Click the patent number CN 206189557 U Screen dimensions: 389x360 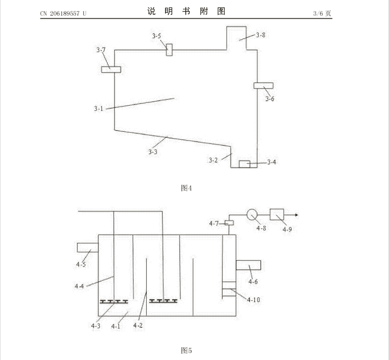(63, 13)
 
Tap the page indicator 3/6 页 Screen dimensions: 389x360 (322, 13)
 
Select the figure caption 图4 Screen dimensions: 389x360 (186, 188)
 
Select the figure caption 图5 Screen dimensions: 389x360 (186, 351)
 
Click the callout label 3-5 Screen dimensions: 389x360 (157, 36)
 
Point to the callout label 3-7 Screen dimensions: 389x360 (101, 50)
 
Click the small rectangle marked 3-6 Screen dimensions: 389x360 (263, 86)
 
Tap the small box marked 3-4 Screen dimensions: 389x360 (244, 164)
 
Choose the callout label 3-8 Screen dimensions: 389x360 (260, 35)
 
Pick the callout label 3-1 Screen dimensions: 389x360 (98, 109)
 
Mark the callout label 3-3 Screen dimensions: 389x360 (153, 152)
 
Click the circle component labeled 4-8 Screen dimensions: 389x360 (252, 214)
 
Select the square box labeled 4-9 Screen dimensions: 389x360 (277, 214)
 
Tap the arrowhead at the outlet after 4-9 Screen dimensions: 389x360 (297, 215)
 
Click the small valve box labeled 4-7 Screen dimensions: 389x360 (229, 223)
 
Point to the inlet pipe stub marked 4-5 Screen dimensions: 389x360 (88, 247)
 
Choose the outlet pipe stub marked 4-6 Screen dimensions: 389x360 (249, 265)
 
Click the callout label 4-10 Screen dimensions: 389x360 (253, 300)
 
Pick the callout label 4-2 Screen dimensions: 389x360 (138, 325)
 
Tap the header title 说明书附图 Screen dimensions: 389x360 (186, 11)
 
